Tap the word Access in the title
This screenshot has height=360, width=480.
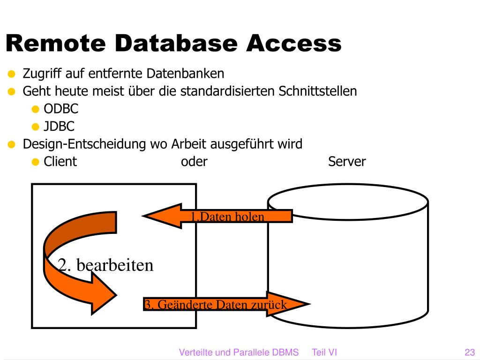click(293, 44)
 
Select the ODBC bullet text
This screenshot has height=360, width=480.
click(61, 109)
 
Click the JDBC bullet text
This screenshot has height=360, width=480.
click(59, 127)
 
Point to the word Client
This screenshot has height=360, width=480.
click(60, 162)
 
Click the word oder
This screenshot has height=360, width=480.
click(194, 162)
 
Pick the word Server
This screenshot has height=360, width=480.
click(347, 162)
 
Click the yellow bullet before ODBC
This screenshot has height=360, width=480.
click(35, 110)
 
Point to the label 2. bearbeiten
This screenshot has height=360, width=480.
click(106, 265)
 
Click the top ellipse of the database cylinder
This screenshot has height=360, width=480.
click(348, 202)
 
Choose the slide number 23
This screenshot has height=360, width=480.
click(470, 352)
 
